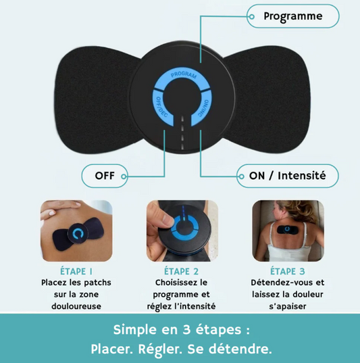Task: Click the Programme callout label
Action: click(293, 16)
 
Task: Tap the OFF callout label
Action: click(105, 176)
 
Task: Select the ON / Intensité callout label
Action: click(287, 176)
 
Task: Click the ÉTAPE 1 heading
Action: click(76, 271)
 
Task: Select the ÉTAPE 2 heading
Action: click(182, 271)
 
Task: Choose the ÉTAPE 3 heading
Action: click(288, 271)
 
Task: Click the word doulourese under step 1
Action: click(76, 306)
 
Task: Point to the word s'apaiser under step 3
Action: click(288, 306)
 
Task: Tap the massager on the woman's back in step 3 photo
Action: click(287, 229)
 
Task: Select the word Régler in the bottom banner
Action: click(159, 349)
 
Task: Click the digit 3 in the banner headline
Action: click(186, 330)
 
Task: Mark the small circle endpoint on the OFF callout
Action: click(124, 176)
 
